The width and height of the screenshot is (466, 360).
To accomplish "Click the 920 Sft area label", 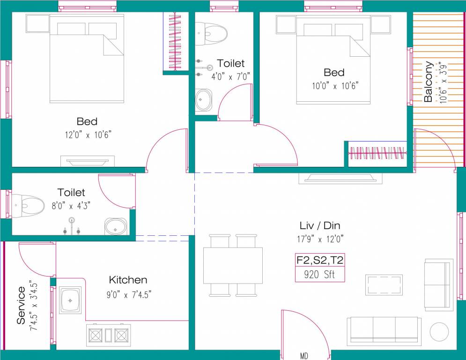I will [319, 275].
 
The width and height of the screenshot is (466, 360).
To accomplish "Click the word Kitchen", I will [128, 280].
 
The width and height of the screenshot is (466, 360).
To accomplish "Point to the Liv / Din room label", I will [320, 225].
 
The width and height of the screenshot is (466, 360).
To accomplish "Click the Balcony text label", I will [429, 82].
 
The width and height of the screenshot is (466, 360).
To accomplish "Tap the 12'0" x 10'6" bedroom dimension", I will [88, 135].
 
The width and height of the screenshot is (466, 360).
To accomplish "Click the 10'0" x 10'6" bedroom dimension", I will [334, 85].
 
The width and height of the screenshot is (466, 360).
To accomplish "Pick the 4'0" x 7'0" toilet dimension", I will [230, 76].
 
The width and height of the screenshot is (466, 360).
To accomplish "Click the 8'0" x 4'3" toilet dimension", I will [71, 205].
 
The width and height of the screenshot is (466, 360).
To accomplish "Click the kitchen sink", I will [70, 300].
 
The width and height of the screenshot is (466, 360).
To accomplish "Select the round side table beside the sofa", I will [439, 332].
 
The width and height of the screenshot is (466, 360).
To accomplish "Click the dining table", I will [233, 265].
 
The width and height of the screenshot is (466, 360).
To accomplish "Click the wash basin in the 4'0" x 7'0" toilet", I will [203, 99].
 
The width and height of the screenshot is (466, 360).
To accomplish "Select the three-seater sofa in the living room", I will [384, 331].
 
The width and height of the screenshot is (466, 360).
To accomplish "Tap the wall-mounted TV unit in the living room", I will [340, 178].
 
